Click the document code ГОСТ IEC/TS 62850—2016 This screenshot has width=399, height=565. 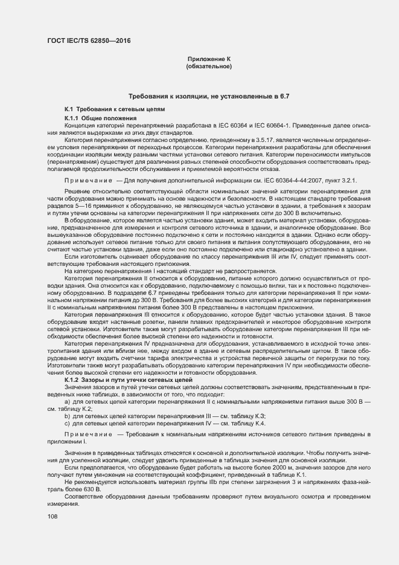tap(88, 42)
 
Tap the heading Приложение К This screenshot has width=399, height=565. tap(209, 58)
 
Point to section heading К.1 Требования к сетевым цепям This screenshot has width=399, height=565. tap(106, 109)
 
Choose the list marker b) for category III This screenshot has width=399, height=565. tap(67, 417)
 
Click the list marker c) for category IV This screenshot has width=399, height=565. tap(67, 425)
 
